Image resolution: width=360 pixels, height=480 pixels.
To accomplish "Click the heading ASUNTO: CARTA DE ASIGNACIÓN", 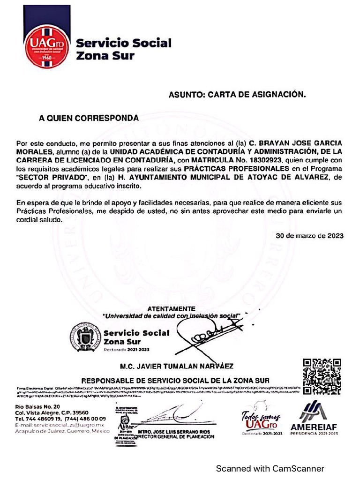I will click(x=237, y=95).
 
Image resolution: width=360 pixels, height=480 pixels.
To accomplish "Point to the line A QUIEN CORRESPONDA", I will click(x=89, y=119).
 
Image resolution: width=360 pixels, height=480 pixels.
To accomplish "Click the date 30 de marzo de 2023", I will click(x=309, y=235).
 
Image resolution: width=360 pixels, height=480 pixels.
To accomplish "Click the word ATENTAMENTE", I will click(x=171, y=308).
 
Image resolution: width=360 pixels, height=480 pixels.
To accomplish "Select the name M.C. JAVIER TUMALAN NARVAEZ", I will click(x=177, y=366).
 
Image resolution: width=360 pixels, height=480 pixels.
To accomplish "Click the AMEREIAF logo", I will click(x=314, y=418).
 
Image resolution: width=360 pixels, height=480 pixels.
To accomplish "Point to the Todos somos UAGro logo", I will click(x=259, y=419).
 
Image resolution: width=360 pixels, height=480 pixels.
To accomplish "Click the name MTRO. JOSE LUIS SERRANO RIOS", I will click(x=174, y=431).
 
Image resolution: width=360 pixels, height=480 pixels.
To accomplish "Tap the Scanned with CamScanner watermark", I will click(x=270, y=468).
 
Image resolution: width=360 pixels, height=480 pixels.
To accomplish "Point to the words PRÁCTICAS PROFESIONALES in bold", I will click(x=236, y=168).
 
